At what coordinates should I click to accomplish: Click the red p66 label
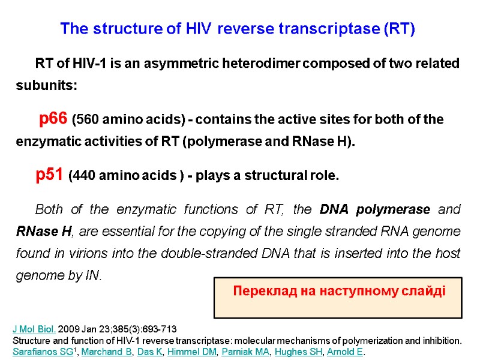click(x=53, y=119)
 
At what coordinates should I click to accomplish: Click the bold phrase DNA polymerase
click(x=375, y=209)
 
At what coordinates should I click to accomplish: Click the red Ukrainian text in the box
click(x=339, y=292)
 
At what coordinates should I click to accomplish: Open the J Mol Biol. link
click(x=34, y=329)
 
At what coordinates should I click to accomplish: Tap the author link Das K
click(x=151, y=352)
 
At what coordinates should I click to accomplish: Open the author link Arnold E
click(x=347, y=352)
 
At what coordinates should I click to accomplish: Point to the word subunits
click(x=46, y=85)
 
